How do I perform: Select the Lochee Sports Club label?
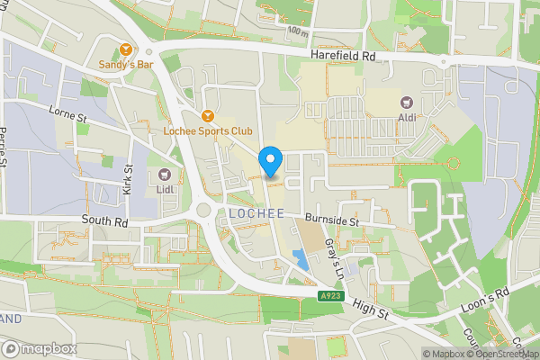tap(208, 130)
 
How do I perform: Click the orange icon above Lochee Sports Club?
tap(208, 115)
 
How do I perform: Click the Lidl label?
tap(164, 188)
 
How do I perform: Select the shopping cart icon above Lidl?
tap(164, 174)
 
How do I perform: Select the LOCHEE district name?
tap(256, 213)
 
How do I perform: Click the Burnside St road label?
tap(331, 220)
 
